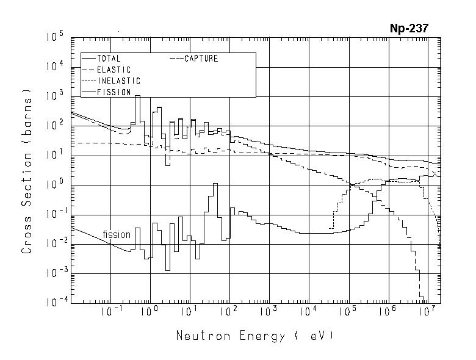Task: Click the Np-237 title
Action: (413, 28)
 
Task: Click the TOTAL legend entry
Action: (109, 59)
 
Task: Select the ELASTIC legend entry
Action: (114, 70)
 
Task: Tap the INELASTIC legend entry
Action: (118, 81)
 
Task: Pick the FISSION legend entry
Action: (114, 92)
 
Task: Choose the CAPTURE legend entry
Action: (201, 59)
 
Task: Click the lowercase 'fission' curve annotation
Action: (117, 234)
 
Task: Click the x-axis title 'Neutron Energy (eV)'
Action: (255, 336)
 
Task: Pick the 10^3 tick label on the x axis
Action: (269, 312)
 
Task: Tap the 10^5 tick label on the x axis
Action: (348, 312)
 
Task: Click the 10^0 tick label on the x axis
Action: (150, 312)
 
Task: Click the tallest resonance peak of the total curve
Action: (137, 96)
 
